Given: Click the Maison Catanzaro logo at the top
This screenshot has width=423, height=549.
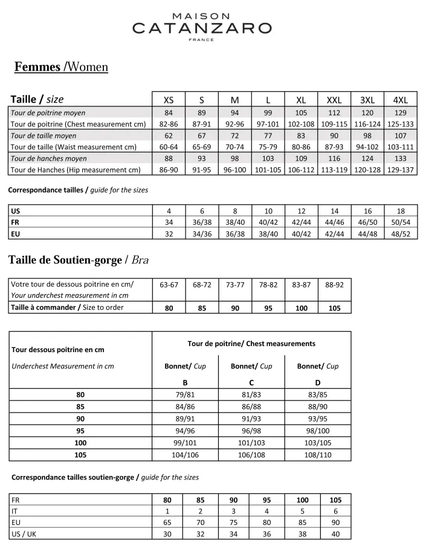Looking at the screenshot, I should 202,24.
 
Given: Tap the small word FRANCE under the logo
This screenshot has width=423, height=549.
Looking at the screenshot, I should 202,40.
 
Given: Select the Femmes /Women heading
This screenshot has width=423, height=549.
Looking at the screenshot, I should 61,66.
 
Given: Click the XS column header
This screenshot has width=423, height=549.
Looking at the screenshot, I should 169,100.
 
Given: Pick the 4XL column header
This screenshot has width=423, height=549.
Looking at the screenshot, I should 400,100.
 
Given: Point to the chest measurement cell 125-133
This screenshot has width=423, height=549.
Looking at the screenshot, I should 400,124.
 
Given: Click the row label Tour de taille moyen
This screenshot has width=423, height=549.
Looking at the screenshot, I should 44,136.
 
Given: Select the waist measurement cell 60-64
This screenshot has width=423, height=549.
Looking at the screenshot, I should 169,147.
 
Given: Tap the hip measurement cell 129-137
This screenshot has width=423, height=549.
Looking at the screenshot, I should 400,170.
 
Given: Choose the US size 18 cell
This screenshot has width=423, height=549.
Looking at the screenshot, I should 400,211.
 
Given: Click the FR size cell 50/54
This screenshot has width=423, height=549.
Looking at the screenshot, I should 400,222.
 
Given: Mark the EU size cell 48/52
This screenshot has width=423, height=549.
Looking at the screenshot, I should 400,234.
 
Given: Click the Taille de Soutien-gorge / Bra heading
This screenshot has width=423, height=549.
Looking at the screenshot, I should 79,260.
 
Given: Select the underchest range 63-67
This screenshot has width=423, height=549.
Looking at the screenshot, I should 169,284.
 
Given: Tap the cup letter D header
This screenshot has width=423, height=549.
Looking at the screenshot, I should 318,382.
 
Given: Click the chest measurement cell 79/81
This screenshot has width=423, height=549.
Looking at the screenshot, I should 185,395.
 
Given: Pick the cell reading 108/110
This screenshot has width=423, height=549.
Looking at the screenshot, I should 318,455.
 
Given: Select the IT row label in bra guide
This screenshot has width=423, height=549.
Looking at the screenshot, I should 15,511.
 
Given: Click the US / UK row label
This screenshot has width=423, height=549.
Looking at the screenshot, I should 24,534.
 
